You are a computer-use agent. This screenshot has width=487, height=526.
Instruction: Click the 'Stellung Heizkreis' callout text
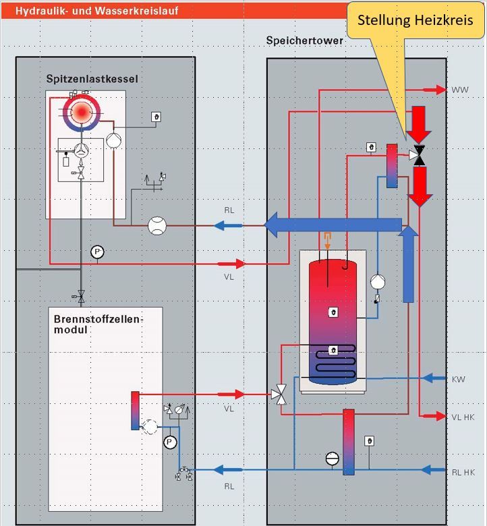(x=416, y=20)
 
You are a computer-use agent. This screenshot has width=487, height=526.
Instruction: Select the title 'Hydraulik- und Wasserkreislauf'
(x=96, y=11)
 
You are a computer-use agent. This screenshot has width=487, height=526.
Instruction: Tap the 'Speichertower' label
(x=304, y=40)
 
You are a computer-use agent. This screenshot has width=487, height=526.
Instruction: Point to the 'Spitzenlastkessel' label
(x=92, y=79)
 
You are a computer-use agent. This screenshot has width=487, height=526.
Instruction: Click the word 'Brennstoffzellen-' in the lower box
(x=98, y=319)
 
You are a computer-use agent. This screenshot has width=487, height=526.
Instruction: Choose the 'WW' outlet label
(x=460, y=90)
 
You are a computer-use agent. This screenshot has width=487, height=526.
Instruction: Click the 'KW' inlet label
(x=459, y=380)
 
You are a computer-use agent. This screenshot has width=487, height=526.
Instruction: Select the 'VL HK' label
(x=463, y=417)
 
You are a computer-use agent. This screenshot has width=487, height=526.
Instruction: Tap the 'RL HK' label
(x=463, y=472)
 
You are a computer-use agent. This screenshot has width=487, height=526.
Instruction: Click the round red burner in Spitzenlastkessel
(x=82, y=113)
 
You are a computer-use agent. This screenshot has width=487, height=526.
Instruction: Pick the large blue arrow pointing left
(x=333, y=225)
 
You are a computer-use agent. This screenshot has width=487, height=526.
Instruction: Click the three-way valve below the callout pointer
(x=418, y=155)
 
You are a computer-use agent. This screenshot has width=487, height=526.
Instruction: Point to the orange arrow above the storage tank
(x=327, y=241)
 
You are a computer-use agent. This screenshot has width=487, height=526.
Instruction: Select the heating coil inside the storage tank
(x=335, y=361)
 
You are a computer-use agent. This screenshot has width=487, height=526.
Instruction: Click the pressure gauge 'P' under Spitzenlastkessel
(x=97, y=252)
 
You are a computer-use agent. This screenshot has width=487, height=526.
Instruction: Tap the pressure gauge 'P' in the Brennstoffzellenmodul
(x=170, y=442)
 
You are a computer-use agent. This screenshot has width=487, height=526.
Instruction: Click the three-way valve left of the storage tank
(x=279, y=394)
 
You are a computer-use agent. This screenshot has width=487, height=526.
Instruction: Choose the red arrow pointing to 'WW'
(x=434, y=90)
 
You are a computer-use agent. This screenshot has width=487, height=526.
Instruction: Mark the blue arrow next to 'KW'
(x=434, y=378)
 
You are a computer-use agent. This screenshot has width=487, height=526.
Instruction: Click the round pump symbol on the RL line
(x=157, y=225)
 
